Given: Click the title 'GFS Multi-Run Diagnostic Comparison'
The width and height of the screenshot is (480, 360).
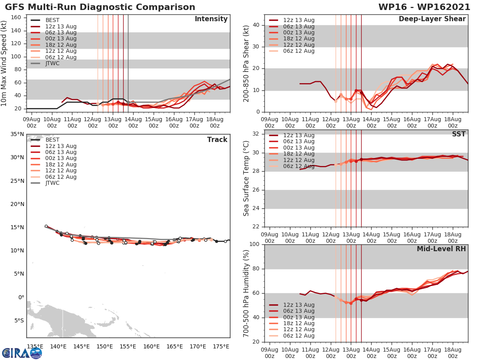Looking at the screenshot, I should coord(100,7).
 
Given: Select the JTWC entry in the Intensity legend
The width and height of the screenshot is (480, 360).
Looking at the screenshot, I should coord(52,63).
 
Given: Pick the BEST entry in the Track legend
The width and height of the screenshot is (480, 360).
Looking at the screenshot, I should coord(52,140).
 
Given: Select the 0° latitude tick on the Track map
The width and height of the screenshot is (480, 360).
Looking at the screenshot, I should coord(20,297).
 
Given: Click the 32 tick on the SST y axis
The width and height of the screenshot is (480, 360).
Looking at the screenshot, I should coord(258,134).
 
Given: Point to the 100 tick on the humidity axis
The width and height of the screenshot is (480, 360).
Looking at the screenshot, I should coord(256,244).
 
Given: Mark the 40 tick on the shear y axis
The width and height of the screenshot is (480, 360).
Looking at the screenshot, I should coord(258,25).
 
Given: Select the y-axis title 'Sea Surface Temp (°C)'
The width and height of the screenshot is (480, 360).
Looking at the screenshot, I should coord(246,178).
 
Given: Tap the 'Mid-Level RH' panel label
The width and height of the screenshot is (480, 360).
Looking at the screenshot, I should coord(441,249).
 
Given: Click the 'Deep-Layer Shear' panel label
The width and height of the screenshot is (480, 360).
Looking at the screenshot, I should coord(432,19).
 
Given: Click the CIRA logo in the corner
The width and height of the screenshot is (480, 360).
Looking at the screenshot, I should coord(22,353).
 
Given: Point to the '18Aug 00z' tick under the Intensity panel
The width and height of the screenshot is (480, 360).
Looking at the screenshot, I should coord(215,122).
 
